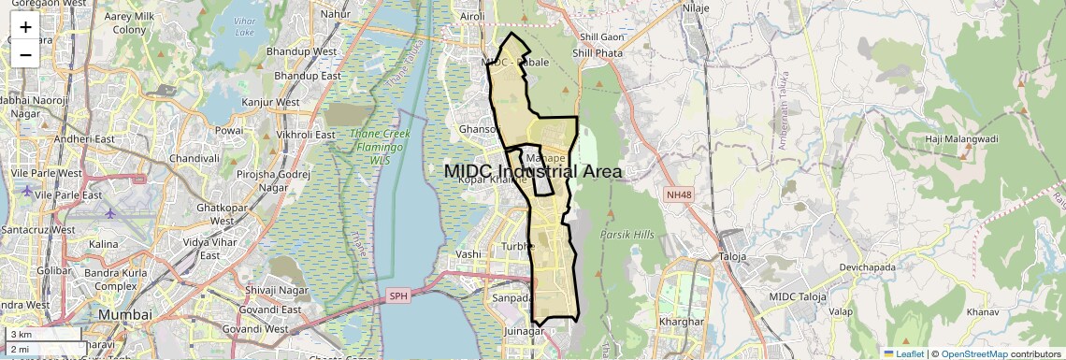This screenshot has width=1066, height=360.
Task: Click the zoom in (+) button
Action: point(25,26)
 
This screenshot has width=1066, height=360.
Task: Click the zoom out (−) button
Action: point(25,54)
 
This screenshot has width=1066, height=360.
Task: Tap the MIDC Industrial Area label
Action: point(533,171)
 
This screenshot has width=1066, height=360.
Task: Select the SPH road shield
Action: point(399,296)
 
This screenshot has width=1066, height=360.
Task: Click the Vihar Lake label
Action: point(245,26)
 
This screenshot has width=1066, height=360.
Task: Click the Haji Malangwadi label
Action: point(960,139)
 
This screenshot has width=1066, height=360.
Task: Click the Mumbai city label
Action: point(124,314)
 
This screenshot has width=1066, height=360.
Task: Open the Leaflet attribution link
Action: point(903,353)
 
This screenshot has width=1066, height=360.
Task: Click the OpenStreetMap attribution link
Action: point(974,353)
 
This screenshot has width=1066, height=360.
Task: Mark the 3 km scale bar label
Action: point(21,334)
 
